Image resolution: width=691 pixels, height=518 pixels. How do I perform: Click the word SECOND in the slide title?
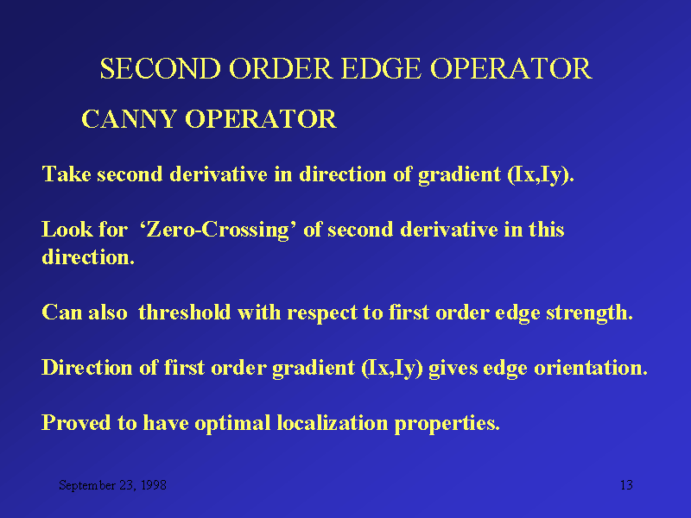click(161, 69)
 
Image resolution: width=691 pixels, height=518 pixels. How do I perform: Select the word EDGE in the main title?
click(381, 69)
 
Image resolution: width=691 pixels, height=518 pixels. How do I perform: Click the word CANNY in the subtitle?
click(129, 119)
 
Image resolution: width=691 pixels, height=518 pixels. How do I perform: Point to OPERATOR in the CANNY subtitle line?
click(261, 119)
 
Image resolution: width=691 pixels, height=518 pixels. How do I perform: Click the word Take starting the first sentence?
click(67, 174)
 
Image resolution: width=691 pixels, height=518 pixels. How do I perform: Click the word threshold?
click(185, 313)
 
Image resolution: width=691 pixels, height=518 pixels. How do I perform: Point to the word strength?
click(589, 313)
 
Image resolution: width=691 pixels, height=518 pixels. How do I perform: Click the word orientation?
click(591, 368)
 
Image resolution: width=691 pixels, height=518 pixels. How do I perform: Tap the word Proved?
click(76, 423)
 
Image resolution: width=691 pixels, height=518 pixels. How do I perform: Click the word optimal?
click(232, 424)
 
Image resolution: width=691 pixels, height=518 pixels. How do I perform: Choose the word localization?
click(332, 423)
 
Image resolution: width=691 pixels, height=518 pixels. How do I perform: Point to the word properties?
click(447, 424)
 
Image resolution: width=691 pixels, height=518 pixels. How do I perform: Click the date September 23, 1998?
click(113, 485)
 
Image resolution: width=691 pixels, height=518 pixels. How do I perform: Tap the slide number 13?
click(626, 485)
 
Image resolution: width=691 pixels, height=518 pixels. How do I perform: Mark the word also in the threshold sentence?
click(108, 313)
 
